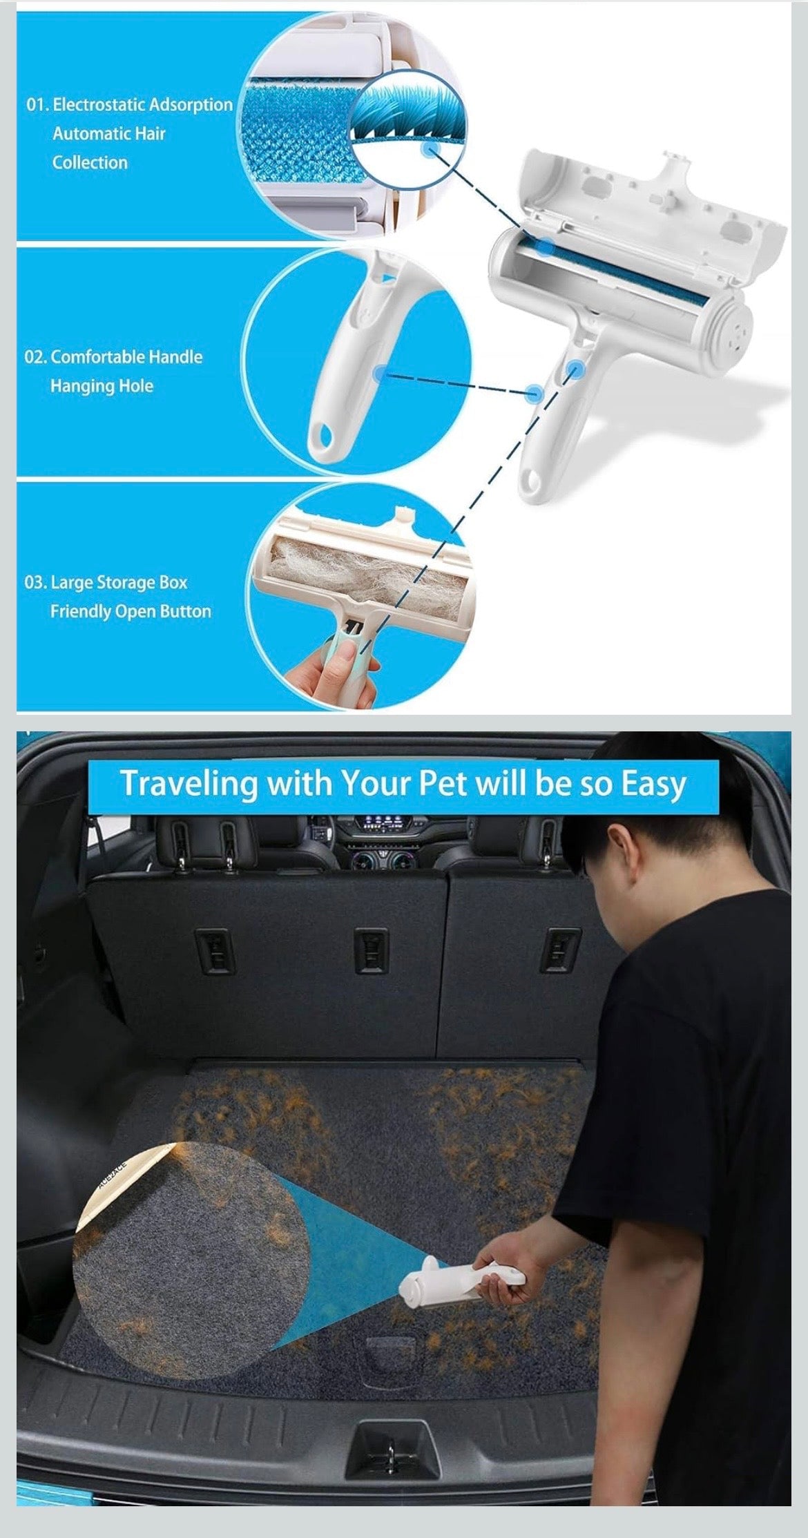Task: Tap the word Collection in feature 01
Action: [90, 163]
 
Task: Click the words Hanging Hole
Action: [102, 386]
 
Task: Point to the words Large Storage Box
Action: [119, 583]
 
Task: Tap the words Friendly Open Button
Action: [131, 612]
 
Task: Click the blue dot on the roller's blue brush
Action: [546, 246]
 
